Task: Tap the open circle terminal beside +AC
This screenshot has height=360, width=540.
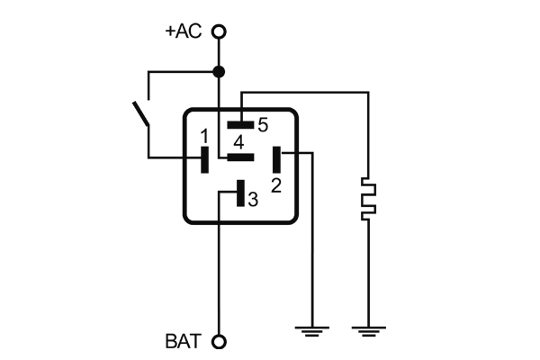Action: [218, 31]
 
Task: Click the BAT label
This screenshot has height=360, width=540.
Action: [184, 342]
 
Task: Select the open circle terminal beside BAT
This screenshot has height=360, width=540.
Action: [218, 342]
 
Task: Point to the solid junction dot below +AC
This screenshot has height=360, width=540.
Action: [218, 71]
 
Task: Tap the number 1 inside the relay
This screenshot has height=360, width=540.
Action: [204, 136]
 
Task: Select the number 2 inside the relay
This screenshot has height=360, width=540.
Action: [276, 185]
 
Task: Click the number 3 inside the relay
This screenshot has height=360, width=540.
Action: [253, 199]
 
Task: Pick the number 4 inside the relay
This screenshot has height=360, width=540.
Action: [238, 142]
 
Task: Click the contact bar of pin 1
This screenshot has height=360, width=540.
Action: [204, 159]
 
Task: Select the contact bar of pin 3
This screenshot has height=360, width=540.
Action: [239, 193]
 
